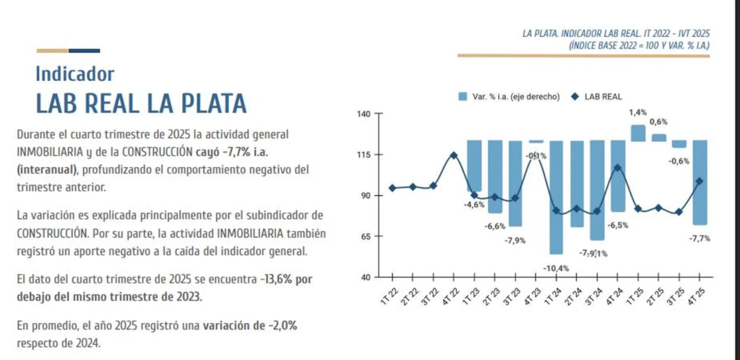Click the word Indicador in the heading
click(x=74, y=74)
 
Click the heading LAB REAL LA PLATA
click(x=141, y=103)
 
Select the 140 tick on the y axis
click(x=363, y=114)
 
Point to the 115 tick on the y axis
click(x=363, y=155)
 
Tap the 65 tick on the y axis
click(x=363, y=236)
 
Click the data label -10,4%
click(x=556, y=268)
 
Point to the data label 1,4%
click(x=637, y=112)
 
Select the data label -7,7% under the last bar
click(x=700, y=238)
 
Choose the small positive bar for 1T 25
click(x=638, y=133)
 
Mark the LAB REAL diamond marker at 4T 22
click(x=454, y=155)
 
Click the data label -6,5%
click(x=618, y=226)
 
